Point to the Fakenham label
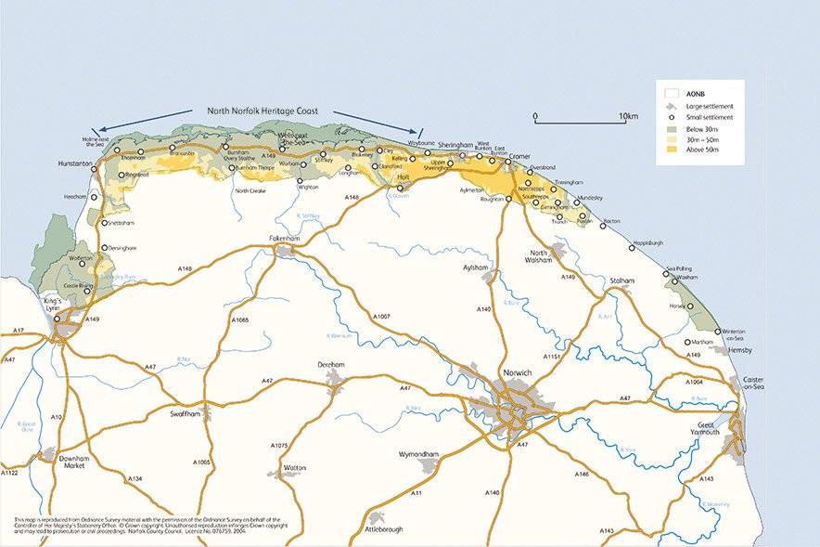click(283, 237)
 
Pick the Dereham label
click(331, 365)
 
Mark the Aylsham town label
click(475, 267)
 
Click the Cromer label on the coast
click(519, 156)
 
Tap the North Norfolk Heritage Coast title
click(262, 111)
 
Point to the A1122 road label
click(9, 473)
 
